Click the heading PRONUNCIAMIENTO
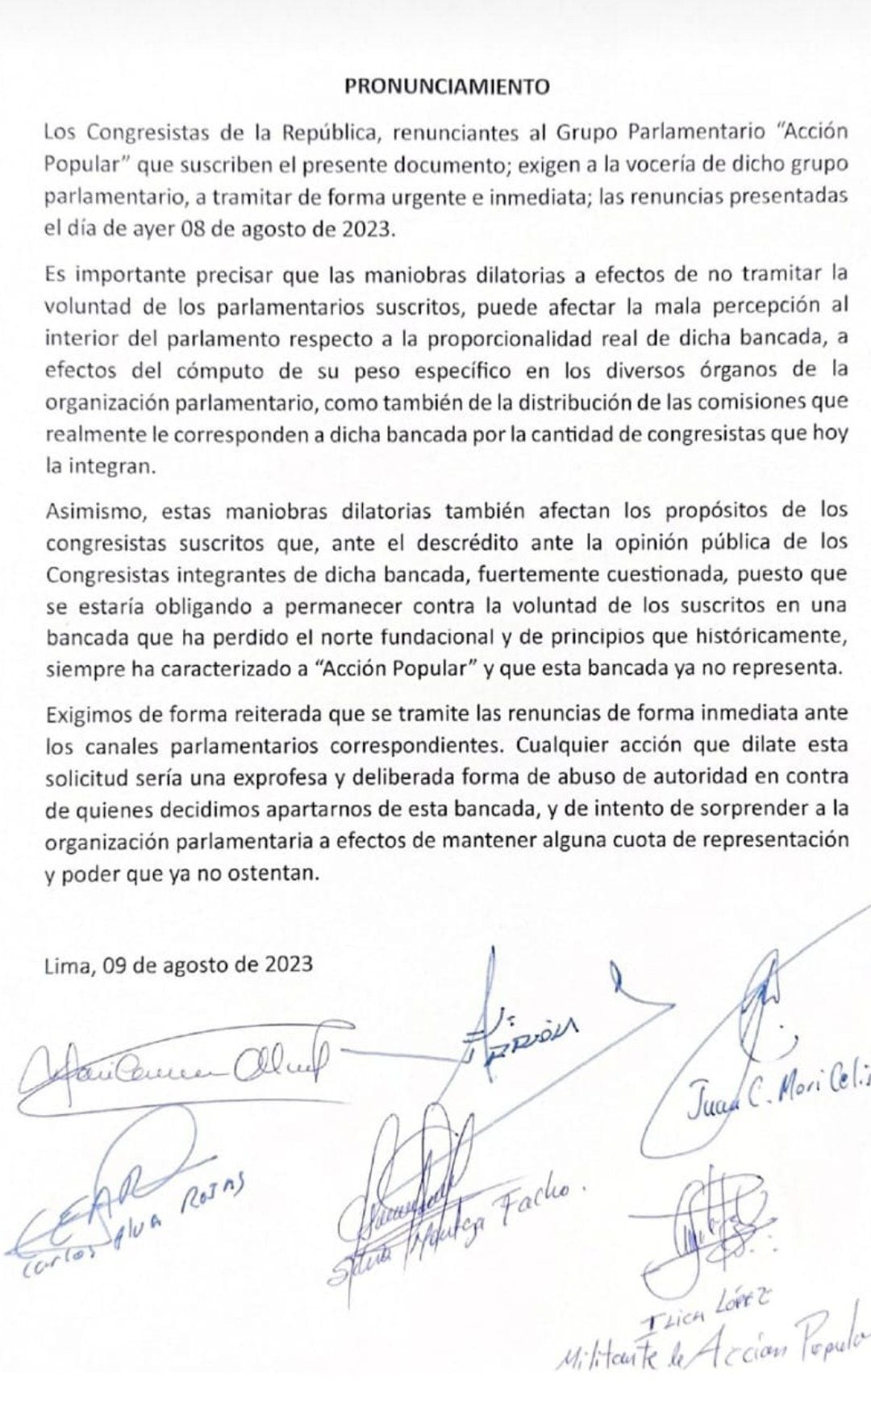(x=447, y=87)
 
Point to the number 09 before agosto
(x=116, y=964)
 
